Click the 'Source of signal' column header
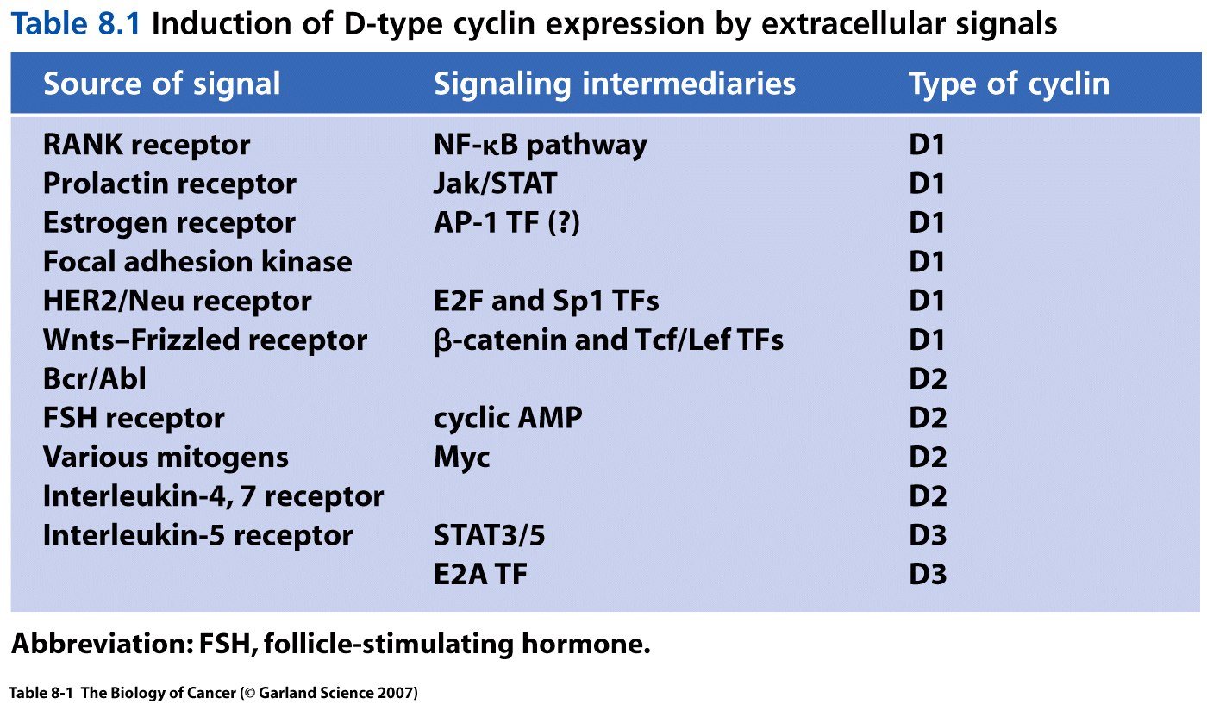tap(162, 84)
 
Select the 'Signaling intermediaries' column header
tap(615, 84)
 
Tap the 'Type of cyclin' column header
tap(1010, 84)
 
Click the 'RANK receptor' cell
tap(147, 145)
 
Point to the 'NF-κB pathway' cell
tap(541, 145)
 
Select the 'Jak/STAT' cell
tap(495, 184)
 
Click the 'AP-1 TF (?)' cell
tap(507, 223)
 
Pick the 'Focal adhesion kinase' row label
tap(197, 262)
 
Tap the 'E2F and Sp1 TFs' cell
tap(547, 301)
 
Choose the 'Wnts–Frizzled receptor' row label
tap(205, 340)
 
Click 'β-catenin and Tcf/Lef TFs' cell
tap(609, 340)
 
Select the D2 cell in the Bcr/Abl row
tap(928, 379)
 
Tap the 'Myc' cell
tap(462, 458)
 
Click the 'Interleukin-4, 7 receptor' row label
tap(214, 496)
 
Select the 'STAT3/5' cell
tap(490, 535)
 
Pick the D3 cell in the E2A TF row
tap(928, 575)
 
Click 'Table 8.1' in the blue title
tap(76, 24)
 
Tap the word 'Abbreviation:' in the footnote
tap(103, 644)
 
